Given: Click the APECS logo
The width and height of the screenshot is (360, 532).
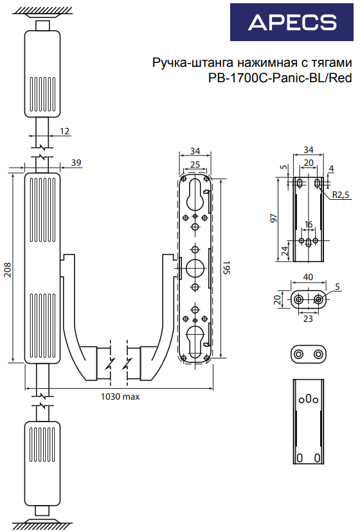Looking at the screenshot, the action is click(292, 22).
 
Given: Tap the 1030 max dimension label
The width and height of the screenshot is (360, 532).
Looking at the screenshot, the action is click(120, 396).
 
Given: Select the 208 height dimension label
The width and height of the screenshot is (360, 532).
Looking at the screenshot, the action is click(8, 270).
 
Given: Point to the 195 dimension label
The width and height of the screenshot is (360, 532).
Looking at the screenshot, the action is click(226, 268).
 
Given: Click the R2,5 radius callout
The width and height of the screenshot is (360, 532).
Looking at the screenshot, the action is click(341, 195).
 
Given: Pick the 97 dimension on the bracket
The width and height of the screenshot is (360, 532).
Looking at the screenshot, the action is click(274, 218).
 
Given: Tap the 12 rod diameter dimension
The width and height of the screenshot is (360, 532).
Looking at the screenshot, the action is click(64, 131).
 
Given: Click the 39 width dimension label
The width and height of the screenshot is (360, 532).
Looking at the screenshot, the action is click(76, 163).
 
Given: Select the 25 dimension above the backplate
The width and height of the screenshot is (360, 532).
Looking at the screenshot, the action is click(195, 164).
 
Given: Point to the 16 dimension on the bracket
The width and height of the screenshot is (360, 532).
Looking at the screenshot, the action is click(309, 224).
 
